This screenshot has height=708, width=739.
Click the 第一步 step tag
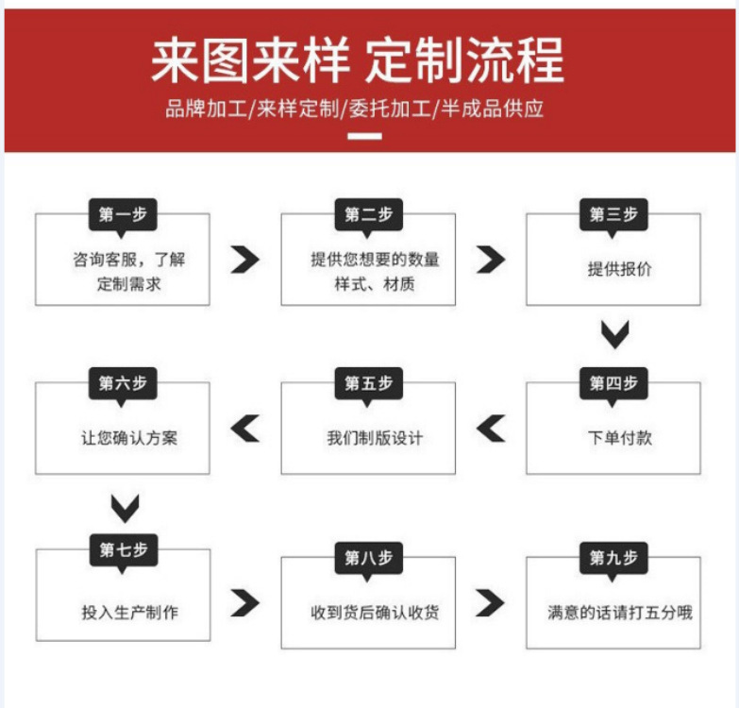pos(123,214)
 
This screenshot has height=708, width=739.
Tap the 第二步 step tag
pos(368,214)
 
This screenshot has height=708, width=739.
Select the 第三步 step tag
pos(613,214)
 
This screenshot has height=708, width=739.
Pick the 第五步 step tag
pos(368,383)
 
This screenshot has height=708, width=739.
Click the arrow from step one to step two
pos(245,260)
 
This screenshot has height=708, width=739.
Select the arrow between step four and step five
pos(491,429)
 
